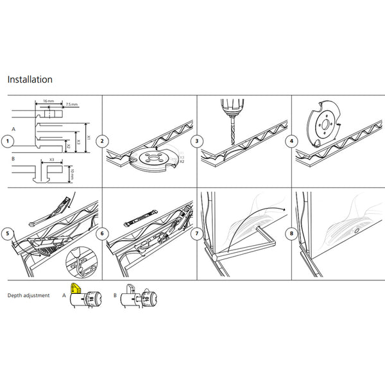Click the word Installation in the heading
click(30, 80)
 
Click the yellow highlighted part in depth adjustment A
click(75, 289)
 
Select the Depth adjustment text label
click(29, 296)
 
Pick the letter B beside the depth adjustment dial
click(115, 296)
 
